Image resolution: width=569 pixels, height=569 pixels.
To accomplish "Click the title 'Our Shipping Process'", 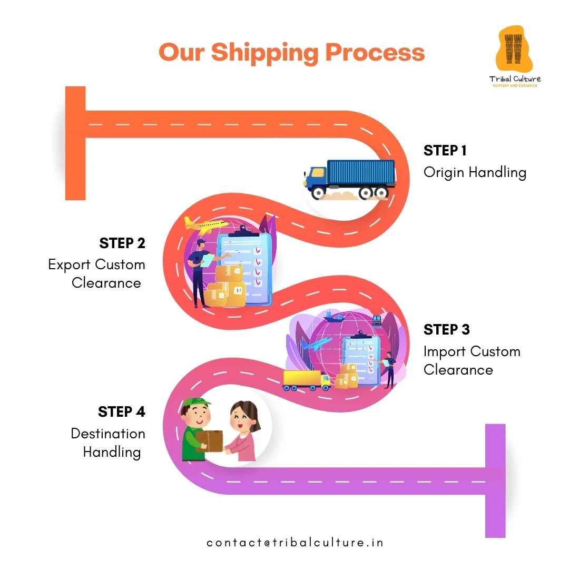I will point(291,53).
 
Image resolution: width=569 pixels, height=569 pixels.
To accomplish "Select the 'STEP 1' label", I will point(445,151).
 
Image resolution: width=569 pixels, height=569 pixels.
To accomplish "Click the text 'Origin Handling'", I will point(475,172).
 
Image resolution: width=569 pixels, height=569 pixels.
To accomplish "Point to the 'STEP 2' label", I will point(122,243).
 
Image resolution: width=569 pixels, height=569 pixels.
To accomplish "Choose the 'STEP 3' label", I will point(446,330).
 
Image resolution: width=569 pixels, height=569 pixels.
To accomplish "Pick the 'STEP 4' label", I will point(122,411).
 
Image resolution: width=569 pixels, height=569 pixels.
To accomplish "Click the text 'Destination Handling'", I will point(108,443).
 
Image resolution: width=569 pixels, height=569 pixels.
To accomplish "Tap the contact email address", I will point(295,543).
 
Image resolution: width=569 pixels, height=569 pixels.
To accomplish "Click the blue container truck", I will point(350,180).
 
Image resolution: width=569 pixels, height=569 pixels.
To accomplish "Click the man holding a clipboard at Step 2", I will point(201,271).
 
